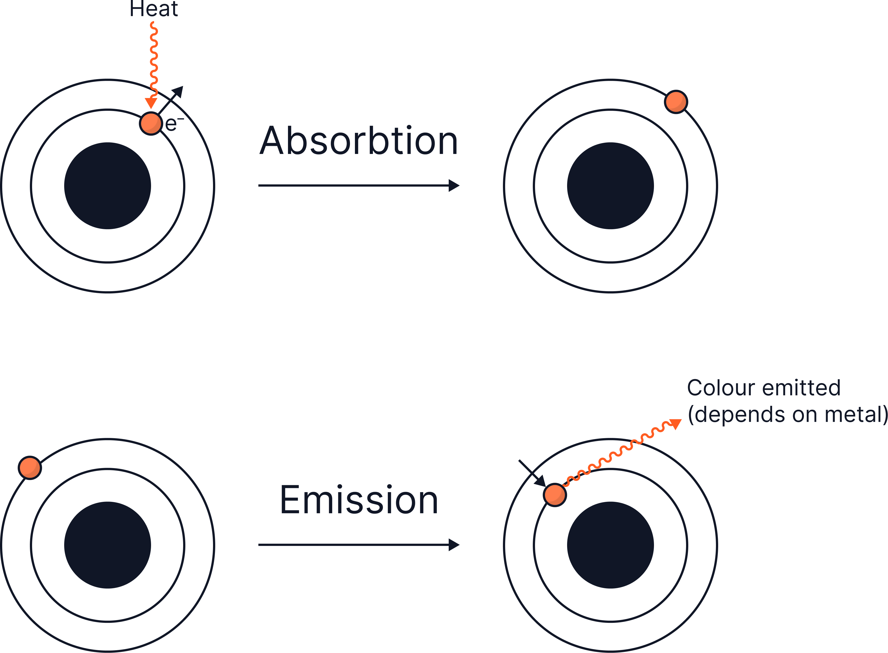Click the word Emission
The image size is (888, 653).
pos(359,500)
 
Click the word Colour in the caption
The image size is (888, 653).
pos(721,388)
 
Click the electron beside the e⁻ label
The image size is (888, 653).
pos(151,123)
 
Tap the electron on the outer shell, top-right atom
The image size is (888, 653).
pos(676,102)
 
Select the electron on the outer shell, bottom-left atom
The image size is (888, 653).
pos(30,468)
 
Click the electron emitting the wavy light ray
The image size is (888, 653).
pos(555,494)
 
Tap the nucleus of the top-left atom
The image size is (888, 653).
pos(107,186)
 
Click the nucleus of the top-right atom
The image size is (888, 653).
pos(610,186)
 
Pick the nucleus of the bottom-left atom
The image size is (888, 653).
pos(107,545)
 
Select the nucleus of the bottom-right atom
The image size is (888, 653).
pos(610,545)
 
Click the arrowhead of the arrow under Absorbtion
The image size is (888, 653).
pos(454,185)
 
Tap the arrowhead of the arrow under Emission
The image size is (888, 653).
pos(454,545)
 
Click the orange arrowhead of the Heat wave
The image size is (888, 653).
pos(151,103)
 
